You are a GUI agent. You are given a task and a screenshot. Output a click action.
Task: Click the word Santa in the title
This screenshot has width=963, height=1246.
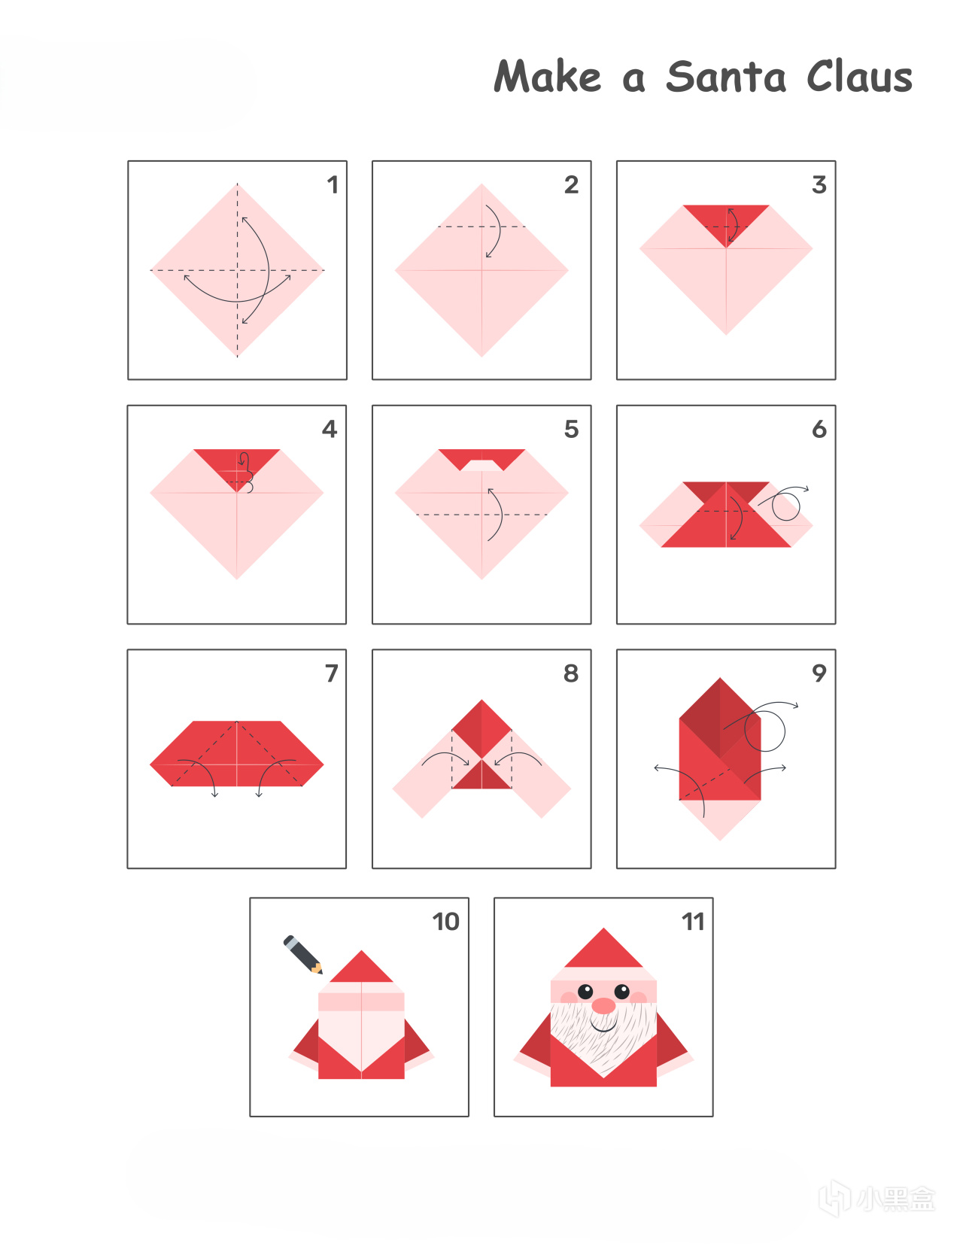(x=726, y=76)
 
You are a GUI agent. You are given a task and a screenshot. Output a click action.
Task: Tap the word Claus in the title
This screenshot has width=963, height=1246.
(x=859, y=76)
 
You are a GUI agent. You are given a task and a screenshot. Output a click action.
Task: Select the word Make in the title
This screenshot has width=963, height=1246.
(x=548, y=76)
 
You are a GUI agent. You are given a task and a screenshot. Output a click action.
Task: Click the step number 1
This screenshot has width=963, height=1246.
(x=333, y=184)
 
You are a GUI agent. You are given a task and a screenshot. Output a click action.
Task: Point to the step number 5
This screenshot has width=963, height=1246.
(x=571, y=429)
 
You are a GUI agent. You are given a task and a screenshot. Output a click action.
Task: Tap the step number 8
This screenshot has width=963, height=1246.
(x=571, y=673)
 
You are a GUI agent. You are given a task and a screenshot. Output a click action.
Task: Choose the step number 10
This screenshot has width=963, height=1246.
(x=445, y=922)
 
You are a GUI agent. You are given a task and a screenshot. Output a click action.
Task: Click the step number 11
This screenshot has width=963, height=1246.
(x=693, y=922)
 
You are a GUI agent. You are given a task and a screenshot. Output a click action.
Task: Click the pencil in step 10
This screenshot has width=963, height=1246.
(x=303, y=955)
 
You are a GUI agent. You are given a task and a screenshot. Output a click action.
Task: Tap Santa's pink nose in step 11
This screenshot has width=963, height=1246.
(x=603, y=1005)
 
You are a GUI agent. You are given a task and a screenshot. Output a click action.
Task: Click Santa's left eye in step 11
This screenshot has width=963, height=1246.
(x=585, y=991)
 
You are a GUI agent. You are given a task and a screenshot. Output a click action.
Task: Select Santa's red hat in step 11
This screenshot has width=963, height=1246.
(x=603, y=948)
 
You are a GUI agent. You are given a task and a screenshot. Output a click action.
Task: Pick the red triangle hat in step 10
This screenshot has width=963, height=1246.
(x=361, y=968)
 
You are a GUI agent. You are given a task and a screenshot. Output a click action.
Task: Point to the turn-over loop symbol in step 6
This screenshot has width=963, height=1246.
(x=785, y=505)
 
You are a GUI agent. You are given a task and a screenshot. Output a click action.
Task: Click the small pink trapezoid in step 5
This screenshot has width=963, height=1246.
(x=481, y=465)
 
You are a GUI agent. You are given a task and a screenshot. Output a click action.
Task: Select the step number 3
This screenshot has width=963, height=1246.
(x=819, y=184)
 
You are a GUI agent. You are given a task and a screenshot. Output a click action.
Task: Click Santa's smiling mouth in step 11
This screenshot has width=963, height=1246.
(x=603, y=1026)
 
